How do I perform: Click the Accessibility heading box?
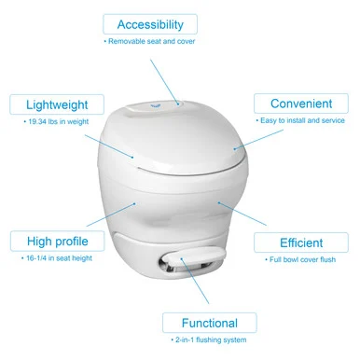pos(150,24)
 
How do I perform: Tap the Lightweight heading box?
pos(57,104)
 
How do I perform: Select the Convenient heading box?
pos(301,104)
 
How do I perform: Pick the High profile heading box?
pos(58,241)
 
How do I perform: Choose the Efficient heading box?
pos(301,242)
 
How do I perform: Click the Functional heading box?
pos(210,323)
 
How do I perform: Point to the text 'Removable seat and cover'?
pos(151,41)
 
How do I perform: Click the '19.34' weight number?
pos(37,121)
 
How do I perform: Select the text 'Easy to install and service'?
pos(302,120)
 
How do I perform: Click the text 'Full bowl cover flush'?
pos(302,259)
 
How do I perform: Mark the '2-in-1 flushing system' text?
pos(211,339)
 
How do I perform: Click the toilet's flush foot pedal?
pos(194,258)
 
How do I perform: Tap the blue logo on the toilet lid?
pos(155,105)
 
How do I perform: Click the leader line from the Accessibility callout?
pos(164,82)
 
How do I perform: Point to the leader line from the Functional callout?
pos(195,281)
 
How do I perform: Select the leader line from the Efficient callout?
pos(242,214)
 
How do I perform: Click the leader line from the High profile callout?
pos(111,215)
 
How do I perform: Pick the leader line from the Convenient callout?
pos(258,140)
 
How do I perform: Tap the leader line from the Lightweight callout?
pos(109,146)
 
